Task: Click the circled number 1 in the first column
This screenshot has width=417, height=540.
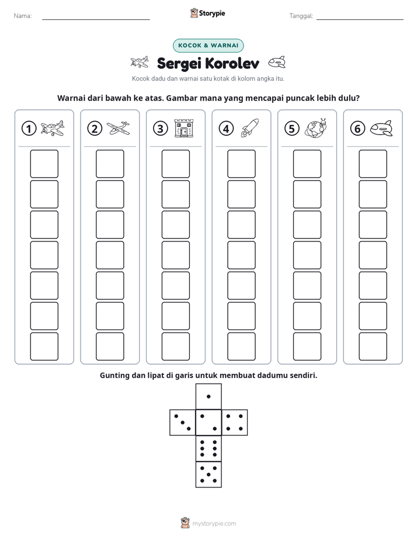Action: point(29,129)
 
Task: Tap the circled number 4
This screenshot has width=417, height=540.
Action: point(226,129)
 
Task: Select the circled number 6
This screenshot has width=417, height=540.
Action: point(357,129)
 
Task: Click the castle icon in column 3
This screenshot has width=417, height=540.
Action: point(184,129)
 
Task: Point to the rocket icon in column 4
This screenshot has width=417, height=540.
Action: point(250,128)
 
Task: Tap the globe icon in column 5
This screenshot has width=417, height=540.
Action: point(315,128)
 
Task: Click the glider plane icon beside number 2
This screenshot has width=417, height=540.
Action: point(119,128)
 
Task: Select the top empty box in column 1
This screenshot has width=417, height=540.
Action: point(44,164)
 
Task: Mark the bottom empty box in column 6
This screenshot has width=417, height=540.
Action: point(373,347)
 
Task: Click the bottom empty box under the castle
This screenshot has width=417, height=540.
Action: point(176,347)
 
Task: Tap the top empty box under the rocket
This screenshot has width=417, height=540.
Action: point(242,164)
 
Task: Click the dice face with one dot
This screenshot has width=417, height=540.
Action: point(208,396)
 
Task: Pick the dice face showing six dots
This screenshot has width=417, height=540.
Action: point(208,449)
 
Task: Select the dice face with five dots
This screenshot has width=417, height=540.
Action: point(208,475)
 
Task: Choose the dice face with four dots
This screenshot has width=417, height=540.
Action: point(235,423)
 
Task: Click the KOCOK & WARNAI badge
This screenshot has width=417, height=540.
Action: point(208,46)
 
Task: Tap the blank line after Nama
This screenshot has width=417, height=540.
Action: point(96,19)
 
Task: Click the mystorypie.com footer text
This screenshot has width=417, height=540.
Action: point(214,524)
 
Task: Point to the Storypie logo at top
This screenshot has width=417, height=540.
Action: point(207,13)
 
